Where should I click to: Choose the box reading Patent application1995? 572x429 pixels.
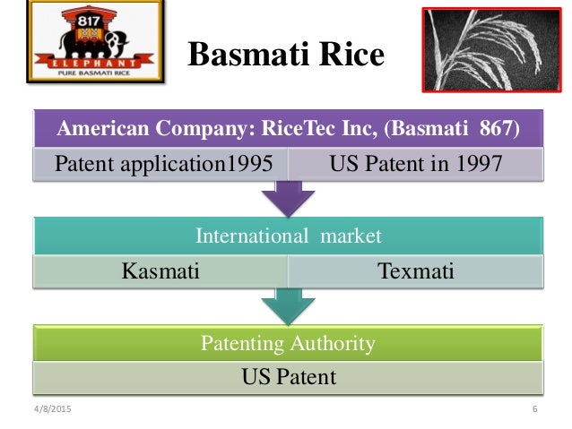(x=159, y=164)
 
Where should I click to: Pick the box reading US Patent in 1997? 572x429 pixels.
(x=416, y=164)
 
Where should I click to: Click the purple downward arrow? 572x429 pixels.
(x=287, y=199)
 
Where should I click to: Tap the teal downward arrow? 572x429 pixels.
(x=287, y=305)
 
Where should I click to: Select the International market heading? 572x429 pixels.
(x=287, y=236)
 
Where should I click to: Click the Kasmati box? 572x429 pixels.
(x=159, y=270)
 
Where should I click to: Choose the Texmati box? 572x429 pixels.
(x=416, y=270)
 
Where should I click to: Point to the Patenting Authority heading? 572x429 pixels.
(x=287, y=343)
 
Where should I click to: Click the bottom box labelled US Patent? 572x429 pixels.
(x=287, y=377)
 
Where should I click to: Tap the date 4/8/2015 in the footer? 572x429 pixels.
(x=51, y=409)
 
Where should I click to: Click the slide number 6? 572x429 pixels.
(x=533, y=409)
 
